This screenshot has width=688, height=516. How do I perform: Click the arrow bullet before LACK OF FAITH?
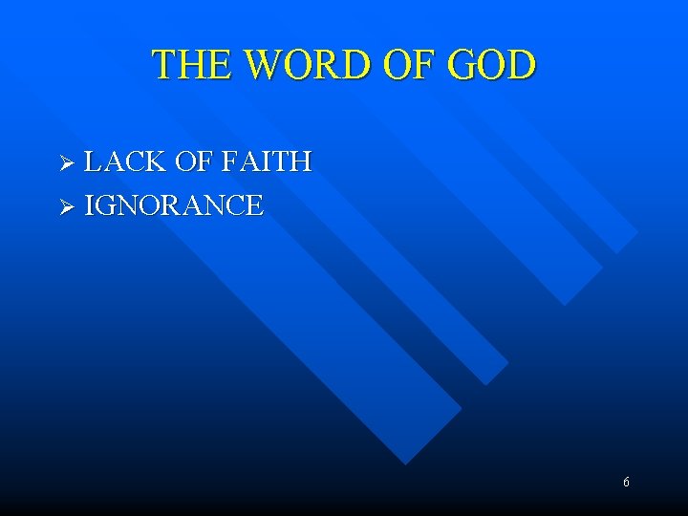pyautogui.click(x=66, y=163)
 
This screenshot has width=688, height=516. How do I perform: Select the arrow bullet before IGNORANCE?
pyautogui.click(x=66, y=206)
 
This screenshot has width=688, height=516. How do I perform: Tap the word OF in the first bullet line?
pyautogui.click(x=191, y=162)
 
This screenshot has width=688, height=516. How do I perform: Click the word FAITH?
pyautogui.click(x=267, y=162)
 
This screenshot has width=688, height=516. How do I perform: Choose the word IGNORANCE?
pyautogui.click(x=174, y=205)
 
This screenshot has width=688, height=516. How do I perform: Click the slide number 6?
pyautogui.click(x=626, y=483)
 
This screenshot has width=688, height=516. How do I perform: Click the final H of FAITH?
pyautogui.click(x=301, y=162)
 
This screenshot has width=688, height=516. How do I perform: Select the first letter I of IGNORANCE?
pyautogui.click(x=89, y=205)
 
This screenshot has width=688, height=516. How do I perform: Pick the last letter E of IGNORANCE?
pyautogui.click(x=254, y=205)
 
